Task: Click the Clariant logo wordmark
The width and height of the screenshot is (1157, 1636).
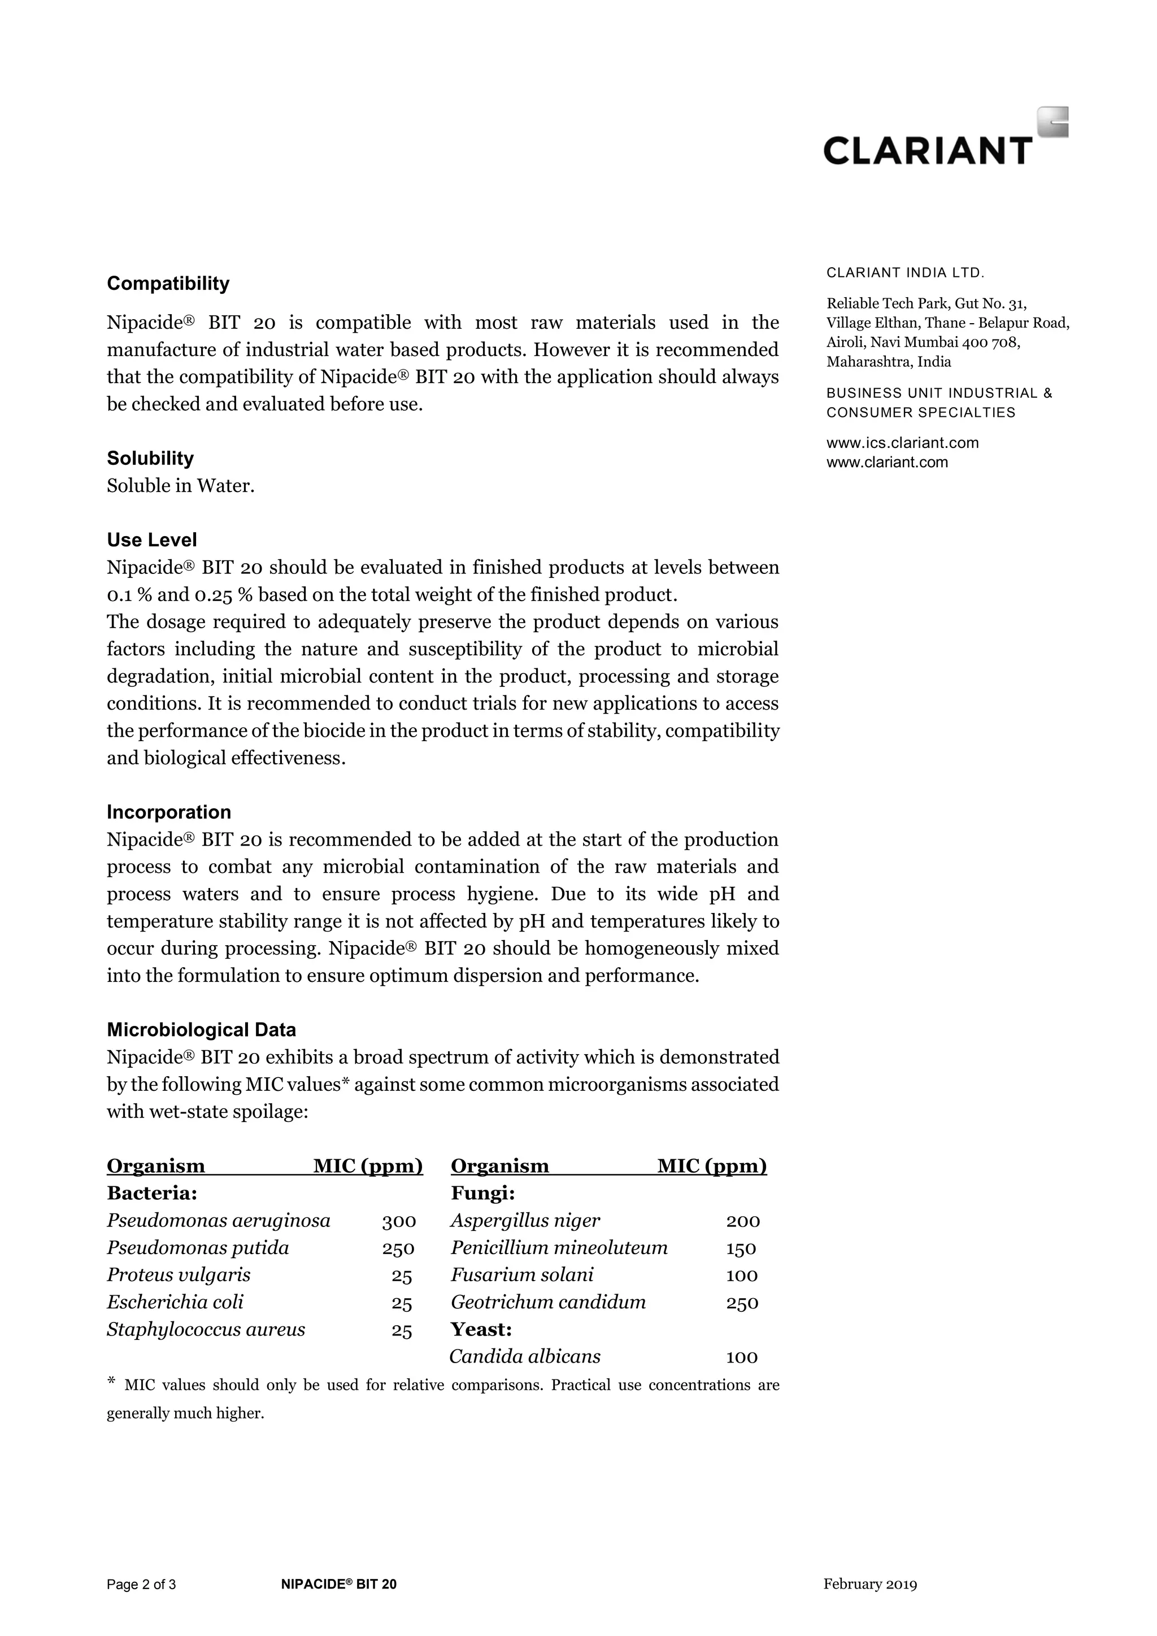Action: tap(928, 150)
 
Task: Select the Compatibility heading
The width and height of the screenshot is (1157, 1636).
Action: tap(168, 284)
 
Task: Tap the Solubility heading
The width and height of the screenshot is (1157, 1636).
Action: tap(150, 458)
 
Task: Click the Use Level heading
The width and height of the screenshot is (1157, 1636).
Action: tap(152, 540)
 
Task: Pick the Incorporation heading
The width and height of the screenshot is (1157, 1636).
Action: tap(169, 812)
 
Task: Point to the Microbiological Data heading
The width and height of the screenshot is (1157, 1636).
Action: tap(201, 1030)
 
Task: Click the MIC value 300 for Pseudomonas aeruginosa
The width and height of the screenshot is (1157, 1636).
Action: tap(398, 1221)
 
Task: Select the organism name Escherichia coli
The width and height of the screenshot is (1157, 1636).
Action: tap(175, 1303)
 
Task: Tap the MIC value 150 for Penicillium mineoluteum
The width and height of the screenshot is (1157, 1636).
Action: tap(741, 1248)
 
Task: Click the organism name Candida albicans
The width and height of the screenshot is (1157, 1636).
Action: tap(525, 1357)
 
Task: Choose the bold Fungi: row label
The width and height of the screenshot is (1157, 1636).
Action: tap(482, 1194)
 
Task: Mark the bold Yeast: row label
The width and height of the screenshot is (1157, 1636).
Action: tap(481, 1330)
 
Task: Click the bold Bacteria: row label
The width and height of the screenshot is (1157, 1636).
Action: tap(152, 1194)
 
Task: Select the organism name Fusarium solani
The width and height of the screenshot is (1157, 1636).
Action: tap(521, 1276)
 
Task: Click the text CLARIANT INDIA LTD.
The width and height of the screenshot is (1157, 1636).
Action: tap(905, 272)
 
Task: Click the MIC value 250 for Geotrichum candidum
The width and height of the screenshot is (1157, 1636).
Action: tap(742, 1303)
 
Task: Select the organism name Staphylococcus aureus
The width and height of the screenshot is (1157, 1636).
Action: tap(206, 1330)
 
